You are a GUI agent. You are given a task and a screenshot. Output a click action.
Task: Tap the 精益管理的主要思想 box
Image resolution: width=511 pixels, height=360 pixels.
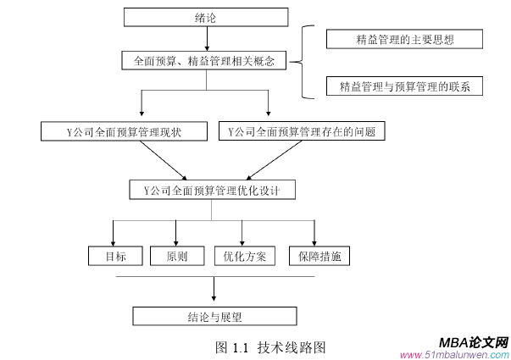click(404, 40)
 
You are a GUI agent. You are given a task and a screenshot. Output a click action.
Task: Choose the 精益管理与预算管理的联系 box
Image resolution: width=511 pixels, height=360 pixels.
click(404, 86)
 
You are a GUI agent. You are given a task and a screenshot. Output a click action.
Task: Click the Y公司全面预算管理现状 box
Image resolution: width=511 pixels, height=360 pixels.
click(125, 131)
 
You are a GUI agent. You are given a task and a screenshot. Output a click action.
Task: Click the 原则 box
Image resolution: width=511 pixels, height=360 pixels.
click(176, 256)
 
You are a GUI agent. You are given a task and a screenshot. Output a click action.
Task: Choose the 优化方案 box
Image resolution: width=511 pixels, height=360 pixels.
click(244, 256)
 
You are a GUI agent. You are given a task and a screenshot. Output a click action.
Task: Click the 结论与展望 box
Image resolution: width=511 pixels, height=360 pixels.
click(214, 316)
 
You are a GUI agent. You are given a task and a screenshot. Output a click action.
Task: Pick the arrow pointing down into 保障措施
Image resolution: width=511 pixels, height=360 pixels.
click(314, 232)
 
